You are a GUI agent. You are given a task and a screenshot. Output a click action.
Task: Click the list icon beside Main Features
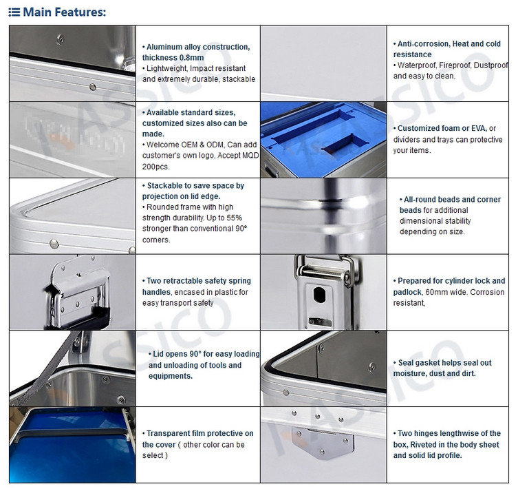[x=14, y=12]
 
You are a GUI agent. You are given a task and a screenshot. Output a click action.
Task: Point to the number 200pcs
[x=155, y=167]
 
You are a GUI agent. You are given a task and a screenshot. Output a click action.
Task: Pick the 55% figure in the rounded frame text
[x=235, y=218]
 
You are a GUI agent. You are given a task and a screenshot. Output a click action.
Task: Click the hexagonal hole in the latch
[x=319, y=294]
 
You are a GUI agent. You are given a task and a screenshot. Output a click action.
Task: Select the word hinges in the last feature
[x=422, y=433]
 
